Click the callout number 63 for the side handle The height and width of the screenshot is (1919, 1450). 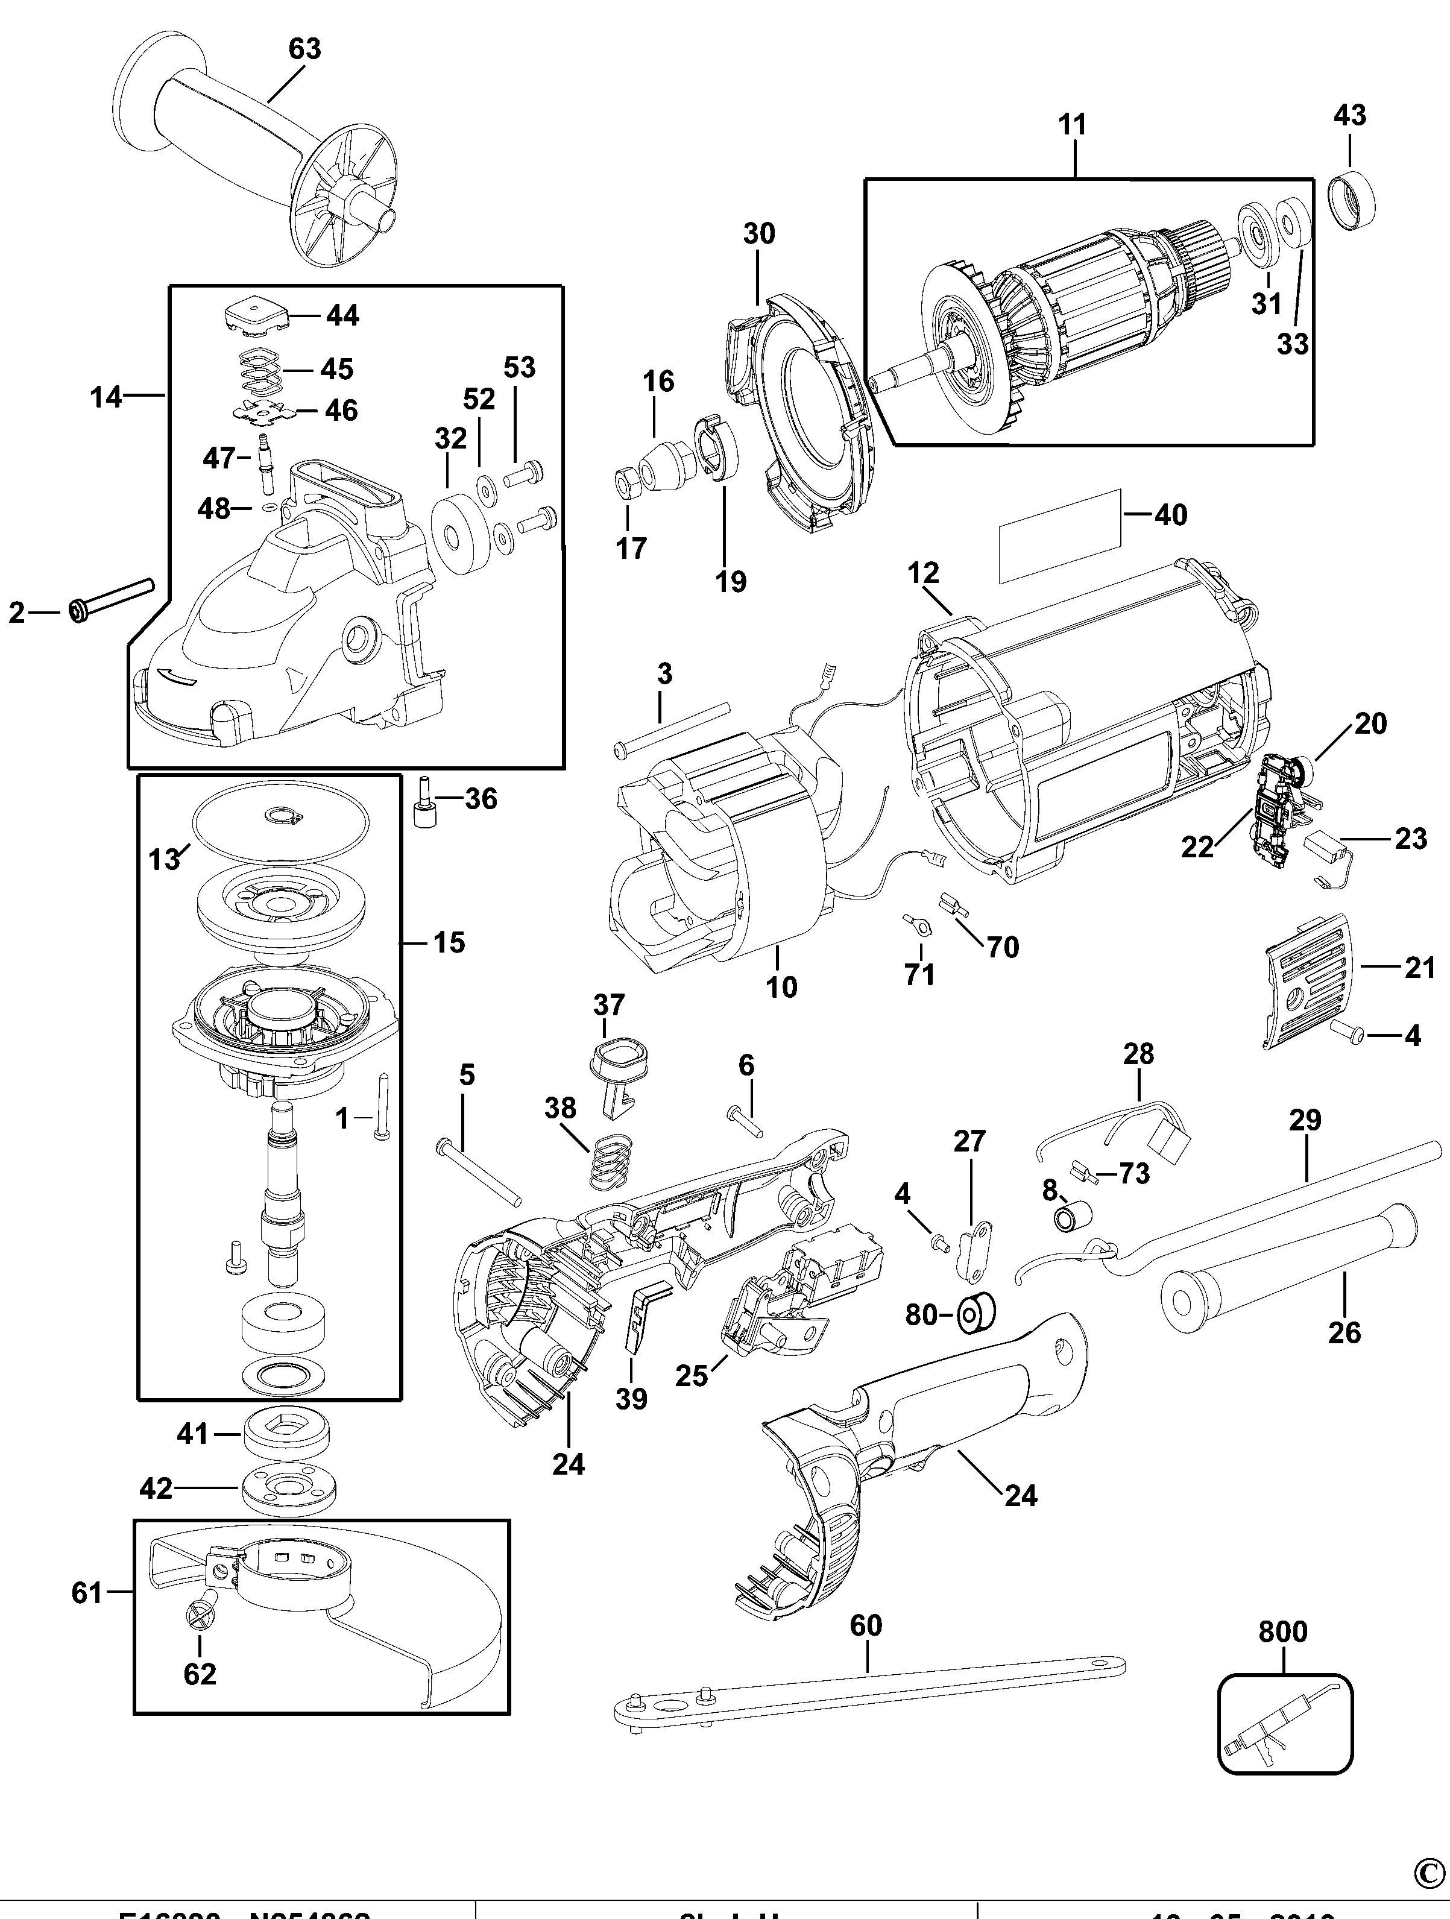click(x=304, y=49)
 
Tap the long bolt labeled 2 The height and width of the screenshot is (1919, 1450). click(x=113, y=599)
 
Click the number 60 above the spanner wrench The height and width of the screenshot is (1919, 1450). click(x=865, y=1625)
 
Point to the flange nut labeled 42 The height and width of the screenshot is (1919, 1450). click(x=285, y=1489)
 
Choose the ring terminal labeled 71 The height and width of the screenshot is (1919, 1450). click(x=914, y=925)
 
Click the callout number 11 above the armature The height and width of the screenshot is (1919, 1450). click(x=1073, y=125)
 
